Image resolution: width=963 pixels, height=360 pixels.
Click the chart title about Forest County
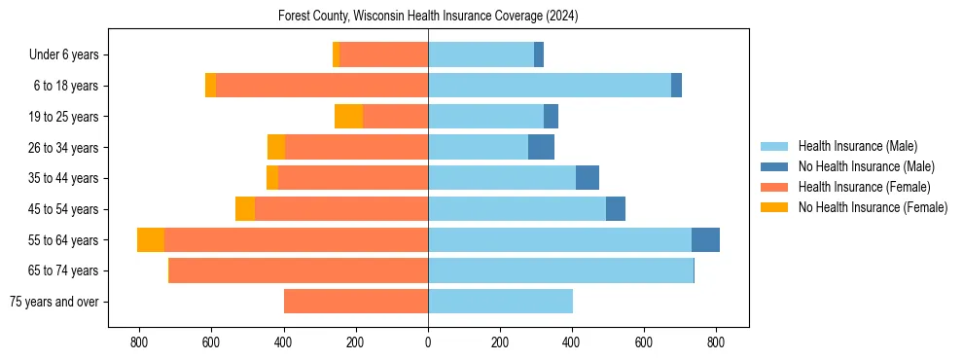pos(428,17)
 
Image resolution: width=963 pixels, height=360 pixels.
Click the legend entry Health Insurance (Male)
pos(857,146)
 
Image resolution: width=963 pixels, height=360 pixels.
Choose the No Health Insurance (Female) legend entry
pos(873,207)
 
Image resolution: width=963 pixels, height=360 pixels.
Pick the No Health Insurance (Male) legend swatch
pos(774,166)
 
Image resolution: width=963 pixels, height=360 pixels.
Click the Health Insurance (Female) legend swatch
pos(774,187)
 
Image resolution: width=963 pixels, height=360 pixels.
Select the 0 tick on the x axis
pos(428,342)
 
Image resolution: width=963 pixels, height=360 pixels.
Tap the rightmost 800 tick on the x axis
pos(716,342)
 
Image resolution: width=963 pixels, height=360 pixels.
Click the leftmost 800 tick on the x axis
pos(139,342)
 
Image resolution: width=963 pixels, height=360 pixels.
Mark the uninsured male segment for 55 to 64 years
pos(705,239)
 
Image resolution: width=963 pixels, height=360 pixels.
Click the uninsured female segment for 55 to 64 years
pos(151,239)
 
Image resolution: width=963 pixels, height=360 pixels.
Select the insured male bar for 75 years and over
pos(500,302)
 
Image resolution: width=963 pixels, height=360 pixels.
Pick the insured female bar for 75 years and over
pos(356,302)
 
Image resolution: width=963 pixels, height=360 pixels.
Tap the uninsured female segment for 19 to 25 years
pos(348,117)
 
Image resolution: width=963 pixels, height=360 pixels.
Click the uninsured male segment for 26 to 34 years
pos(541,147)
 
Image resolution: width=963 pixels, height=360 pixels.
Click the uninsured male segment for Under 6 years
pos(539,55)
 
